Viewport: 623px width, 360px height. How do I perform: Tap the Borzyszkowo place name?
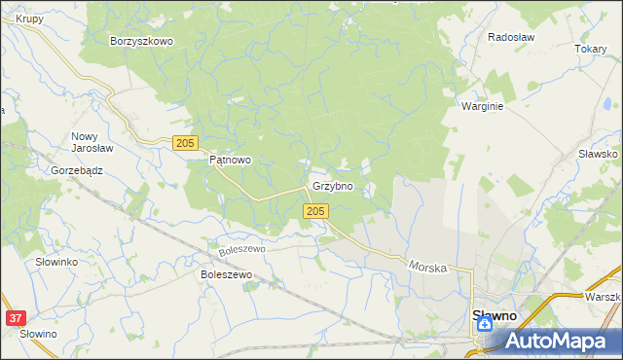tap(141, 41)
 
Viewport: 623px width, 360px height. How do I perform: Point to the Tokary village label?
tap(590, 49)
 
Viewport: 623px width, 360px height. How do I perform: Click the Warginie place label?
tap(482, 107)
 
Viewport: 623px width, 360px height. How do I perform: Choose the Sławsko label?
tap(599, 154)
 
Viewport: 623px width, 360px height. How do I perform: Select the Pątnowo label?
tap(231, 161)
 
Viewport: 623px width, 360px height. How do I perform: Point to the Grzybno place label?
tap(332, 185)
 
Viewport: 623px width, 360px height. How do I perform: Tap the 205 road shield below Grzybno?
tap(313, 211)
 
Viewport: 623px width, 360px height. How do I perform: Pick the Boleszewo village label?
tap(226, 275)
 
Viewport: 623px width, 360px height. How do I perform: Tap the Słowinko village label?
tap(55, 263)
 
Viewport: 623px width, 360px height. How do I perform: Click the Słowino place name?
tap(38, 334)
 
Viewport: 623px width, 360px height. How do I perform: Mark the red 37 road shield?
tap(15, 318)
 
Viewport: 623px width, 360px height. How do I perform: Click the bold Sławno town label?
tap(495, 315)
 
